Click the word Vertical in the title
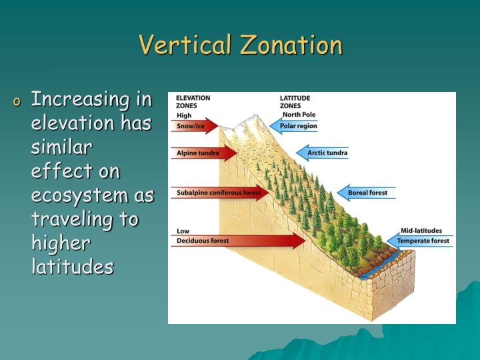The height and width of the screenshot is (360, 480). (x=185, y=45)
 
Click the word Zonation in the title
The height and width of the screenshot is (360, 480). (x=291, y=45)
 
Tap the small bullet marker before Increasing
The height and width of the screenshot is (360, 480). (x=17, y=102)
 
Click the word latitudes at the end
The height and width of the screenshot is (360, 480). (x=73, y=267)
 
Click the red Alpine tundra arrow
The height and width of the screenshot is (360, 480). (x=204, y=153)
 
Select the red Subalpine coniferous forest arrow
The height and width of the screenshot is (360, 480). (x=219, y=193)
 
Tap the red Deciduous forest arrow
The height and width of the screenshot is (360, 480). (x=237, y=241)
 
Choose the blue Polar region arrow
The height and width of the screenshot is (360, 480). (x=294, y=126)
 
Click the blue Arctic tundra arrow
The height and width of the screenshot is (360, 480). (x=323, y=153)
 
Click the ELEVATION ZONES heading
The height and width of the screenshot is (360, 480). (x=193, y=101)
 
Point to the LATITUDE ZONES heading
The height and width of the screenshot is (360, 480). (x=295, y=101)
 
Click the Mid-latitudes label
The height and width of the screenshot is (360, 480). (x=421, y=231)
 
